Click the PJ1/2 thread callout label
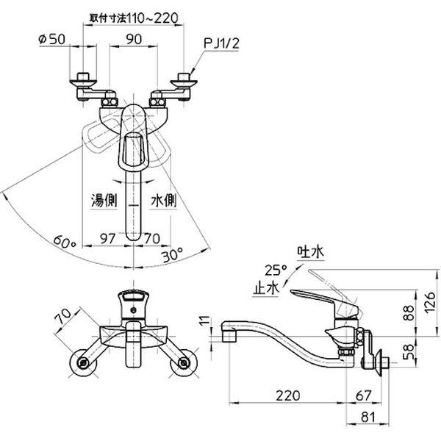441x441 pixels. (221, 44)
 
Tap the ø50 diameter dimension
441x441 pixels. (51, 39)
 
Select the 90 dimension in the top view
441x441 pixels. (134, 40)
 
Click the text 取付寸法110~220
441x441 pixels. (134, 18)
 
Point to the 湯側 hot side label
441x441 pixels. (104, 201)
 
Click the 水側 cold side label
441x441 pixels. (163, 201)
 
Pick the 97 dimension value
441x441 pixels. (108, 239)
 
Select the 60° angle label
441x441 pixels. (65, 241)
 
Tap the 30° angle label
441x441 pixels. (172, 254)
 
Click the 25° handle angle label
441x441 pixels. (276, 270)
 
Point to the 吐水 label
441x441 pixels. (310, 252)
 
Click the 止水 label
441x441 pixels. (266, 287)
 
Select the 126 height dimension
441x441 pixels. (429, 303)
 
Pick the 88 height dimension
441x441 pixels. (408, 313)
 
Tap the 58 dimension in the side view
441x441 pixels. (408, 352)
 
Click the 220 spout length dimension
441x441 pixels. (287, 395)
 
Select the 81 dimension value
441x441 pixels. (368, 417)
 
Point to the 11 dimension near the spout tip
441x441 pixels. (206, 320)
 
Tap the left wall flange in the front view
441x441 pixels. (82, 363)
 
